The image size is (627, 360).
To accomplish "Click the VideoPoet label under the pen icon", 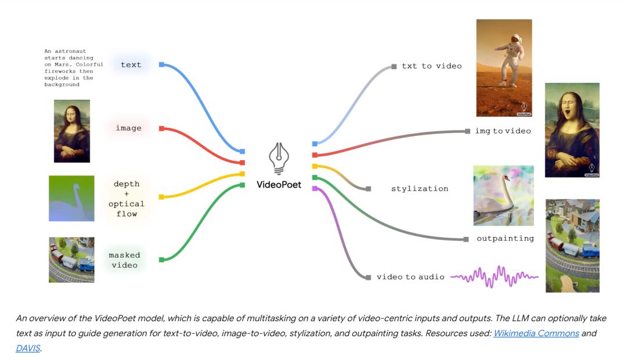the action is pyautogui.click(x=279, y=185).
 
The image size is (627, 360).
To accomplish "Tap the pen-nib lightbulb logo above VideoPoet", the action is pyautogui.click(x=279, y=159).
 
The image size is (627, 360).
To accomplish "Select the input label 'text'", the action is pyautogui.click(x=131, y=65).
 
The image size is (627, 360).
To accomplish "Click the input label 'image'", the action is pyautogui.click(x=129, y=128).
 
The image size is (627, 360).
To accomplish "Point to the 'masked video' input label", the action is pyautogui.click(x=124, y=260).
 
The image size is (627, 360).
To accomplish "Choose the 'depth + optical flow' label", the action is pyautogui.click(x=127, y=199).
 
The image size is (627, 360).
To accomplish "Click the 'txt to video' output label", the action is pyautogui.click(x=432, y=66).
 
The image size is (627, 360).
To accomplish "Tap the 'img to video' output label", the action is pyautogui.click(x=503, y=131).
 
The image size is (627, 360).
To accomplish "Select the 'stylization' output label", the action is pyautogui.click(x=420, y=188).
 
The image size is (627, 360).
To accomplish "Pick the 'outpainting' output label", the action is pyautogui.click(x=505, y=239).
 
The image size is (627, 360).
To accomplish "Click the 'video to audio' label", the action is pyautogui.click(x=410, y=277).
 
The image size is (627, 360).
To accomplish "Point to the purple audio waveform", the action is pyautogui.click(x=494, y=276).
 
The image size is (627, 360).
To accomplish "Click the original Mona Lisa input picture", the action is pyautogui.click(x=72, y=131).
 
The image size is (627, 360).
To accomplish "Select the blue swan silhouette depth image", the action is pyautogui.click(x=71, y=199).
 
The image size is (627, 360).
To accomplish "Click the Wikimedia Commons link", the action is pyautogui.click(x=536, y=333).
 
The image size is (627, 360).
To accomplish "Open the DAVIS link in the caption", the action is pyautogui.click(x=28, y=348).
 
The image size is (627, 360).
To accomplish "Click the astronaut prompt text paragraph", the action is pyautogui.click(x=74, y=68).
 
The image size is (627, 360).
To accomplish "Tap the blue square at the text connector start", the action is pyautogui.click(x=161, y=64).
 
